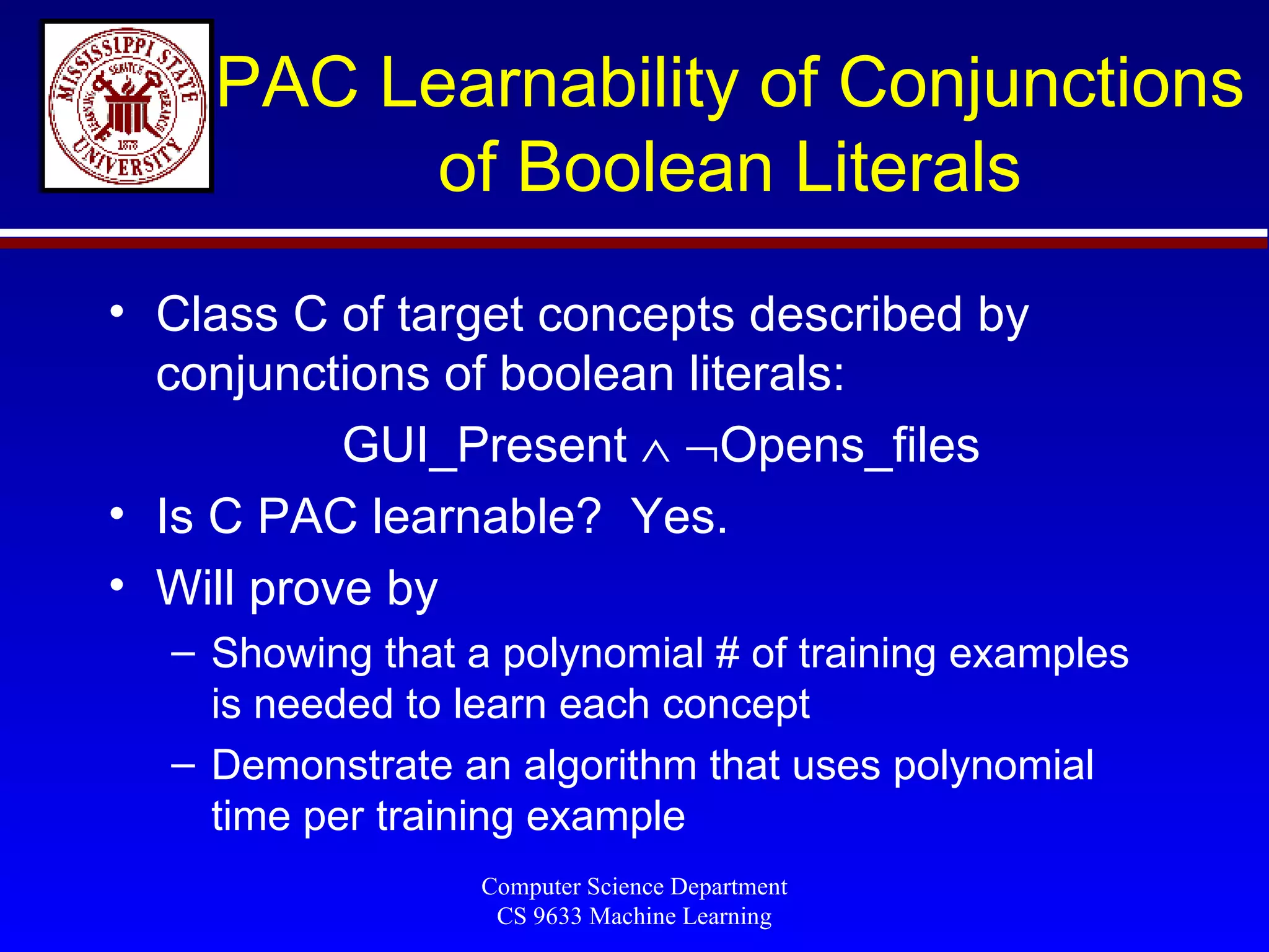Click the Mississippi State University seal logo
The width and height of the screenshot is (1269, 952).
pos(127,106)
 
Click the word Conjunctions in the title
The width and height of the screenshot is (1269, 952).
pos(1040,83)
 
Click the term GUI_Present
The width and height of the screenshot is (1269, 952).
pos(485,445)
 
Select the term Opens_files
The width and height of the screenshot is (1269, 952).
pos(850,445)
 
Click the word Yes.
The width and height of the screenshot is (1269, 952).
pos(678,516)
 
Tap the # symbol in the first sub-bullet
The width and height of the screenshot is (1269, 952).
pos(727,653)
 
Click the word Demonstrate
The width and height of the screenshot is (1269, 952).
pos(332,765)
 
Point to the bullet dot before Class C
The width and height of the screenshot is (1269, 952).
pos(117,311)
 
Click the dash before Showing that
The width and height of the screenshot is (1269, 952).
pos(183,653)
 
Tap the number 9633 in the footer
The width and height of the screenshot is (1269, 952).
pos(557,916)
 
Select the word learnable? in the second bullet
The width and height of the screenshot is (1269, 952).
pos(486,516)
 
